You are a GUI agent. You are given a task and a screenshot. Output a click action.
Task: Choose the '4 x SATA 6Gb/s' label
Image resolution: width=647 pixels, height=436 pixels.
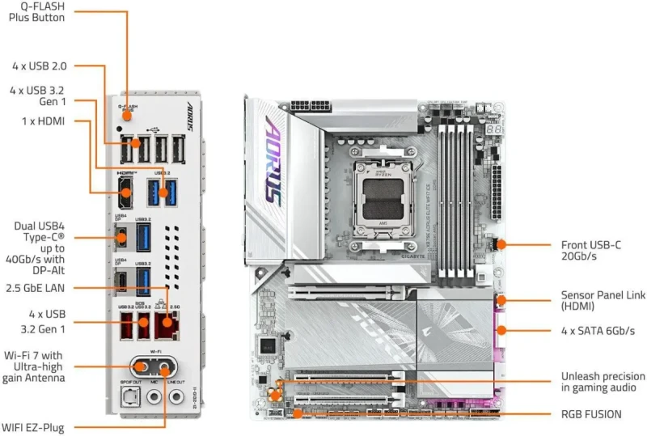tap(598, 331)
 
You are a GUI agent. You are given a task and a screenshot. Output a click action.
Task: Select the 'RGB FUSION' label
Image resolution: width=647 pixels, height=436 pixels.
tap(591, 414)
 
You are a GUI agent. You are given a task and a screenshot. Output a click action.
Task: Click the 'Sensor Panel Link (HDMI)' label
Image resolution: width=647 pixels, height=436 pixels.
tap(603, 301)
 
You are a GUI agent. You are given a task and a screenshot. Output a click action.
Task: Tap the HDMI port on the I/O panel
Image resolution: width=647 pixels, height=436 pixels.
tap(125, 193)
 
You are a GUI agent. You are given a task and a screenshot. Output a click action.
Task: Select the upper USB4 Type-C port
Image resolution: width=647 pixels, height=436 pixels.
tap(121, 237)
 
